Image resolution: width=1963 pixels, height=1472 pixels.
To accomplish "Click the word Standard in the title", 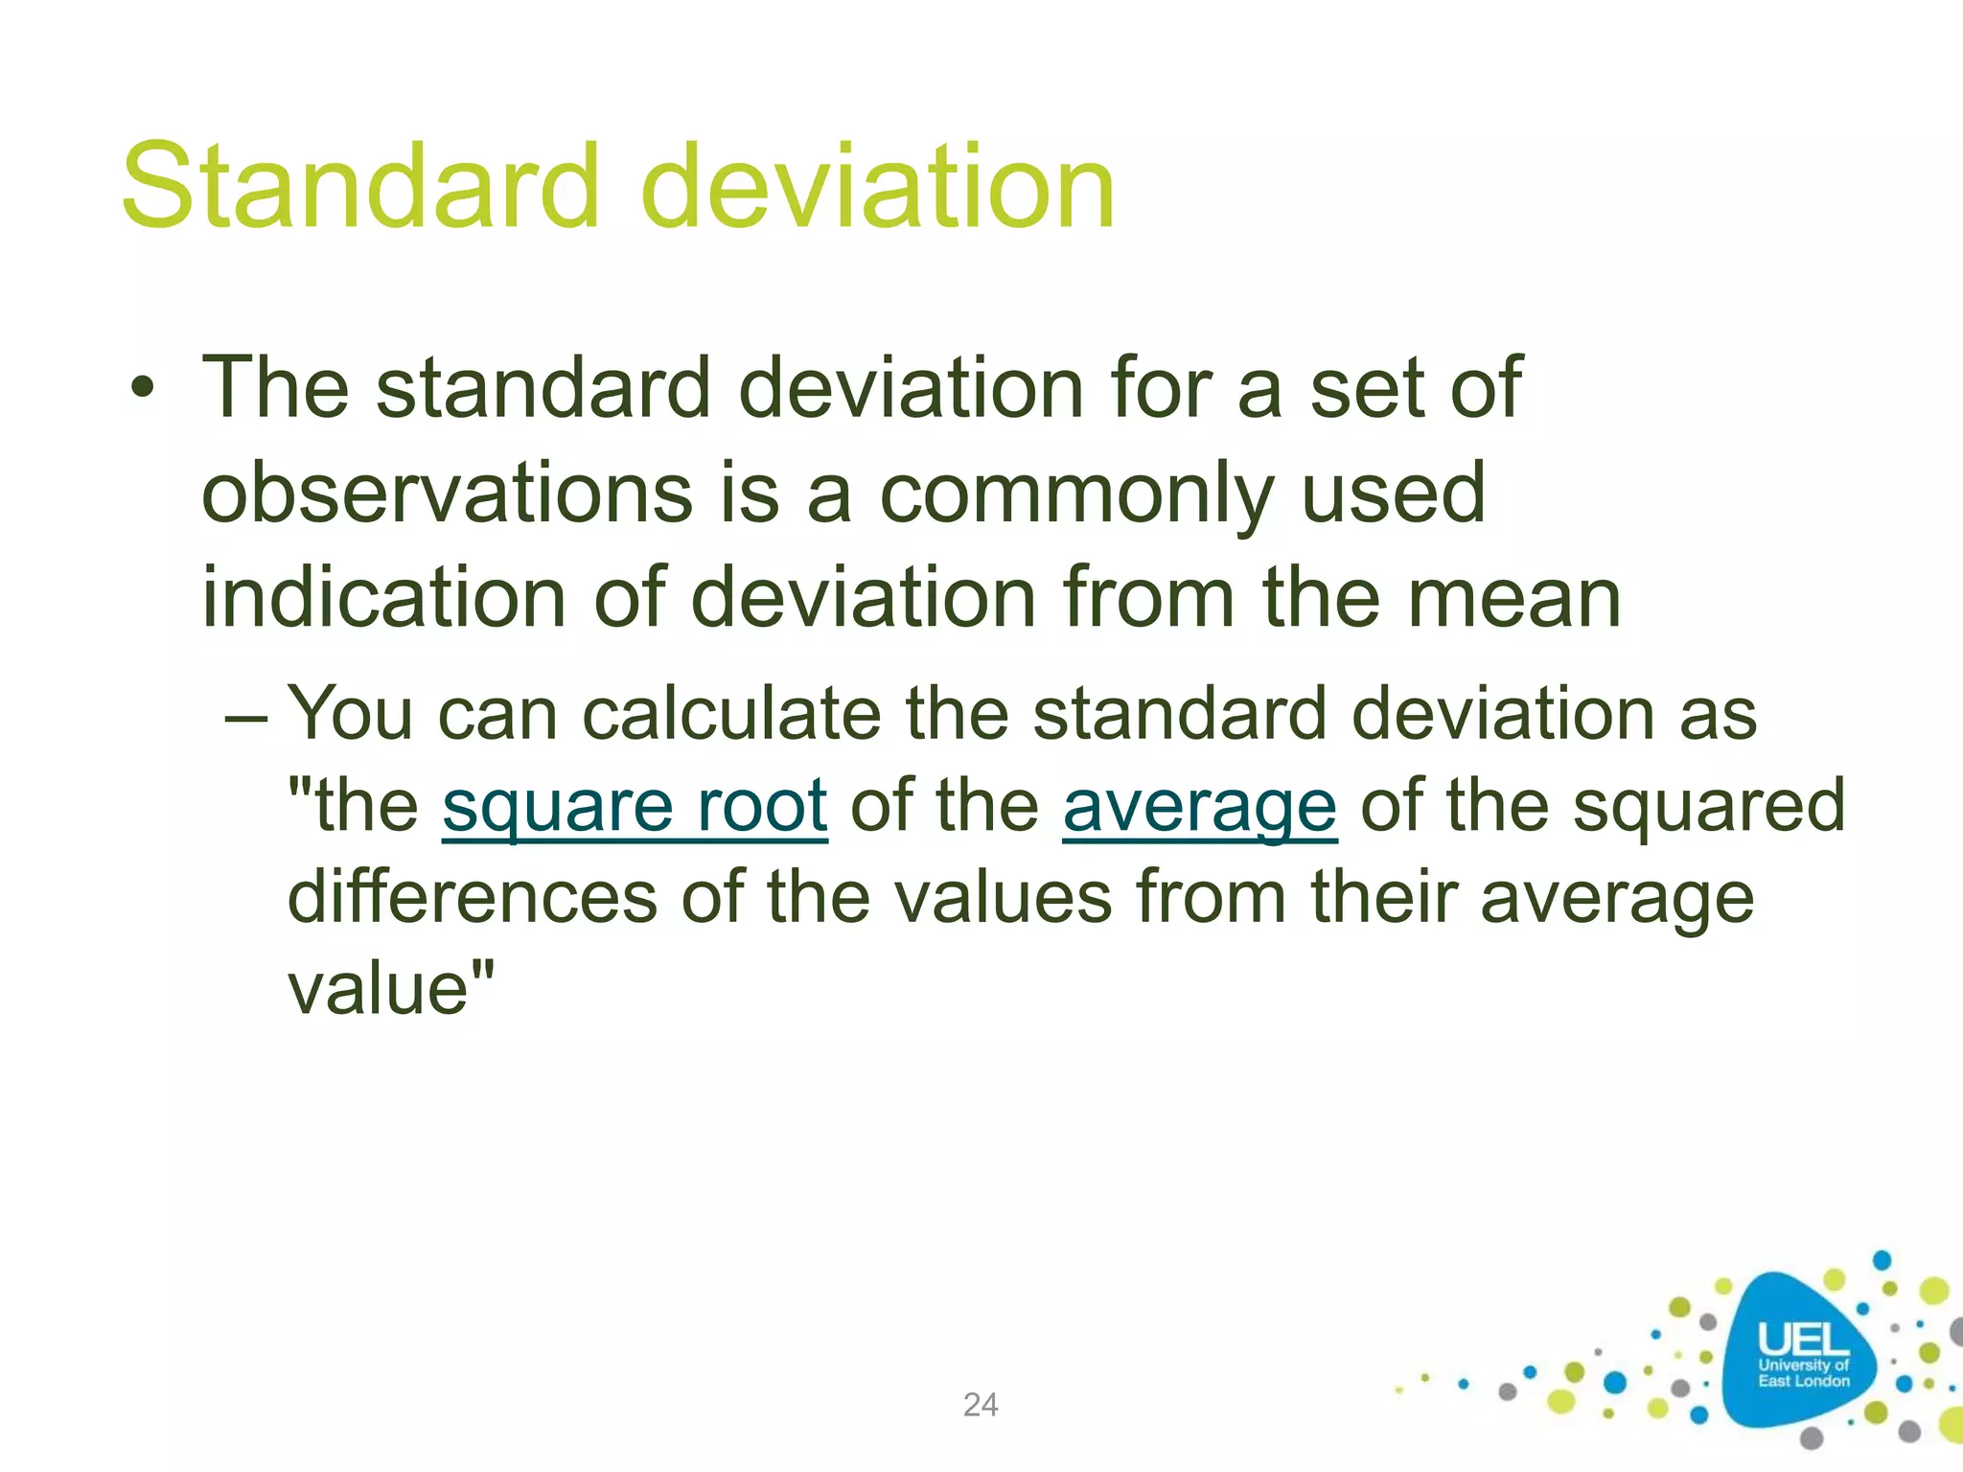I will (359, 187).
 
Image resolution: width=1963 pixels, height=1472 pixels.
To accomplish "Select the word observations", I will (447, 494).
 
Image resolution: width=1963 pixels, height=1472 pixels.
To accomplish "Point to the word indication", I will (383, 598).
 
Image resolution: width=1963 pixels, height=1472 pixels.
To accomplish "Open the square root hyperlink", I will (635, 807).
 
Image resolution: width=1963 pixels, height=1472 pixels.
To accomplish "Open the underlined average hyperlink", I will (1199, 807).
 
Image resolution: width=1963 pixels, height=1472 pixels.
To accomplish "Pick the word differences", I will (472, 898).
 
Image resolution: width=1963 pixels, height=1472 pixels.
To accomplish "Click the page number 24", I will (981, 1405).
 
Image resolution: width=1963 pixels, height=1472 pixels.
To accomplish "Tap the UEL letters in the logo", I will (1802, 1340).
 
